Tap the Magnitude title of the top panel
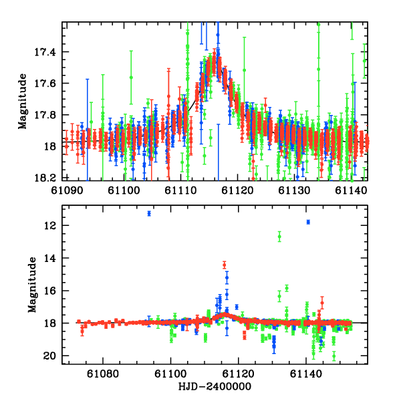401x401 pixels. pos(22,101)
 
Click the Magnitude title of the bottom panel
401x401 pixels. pos(22,285)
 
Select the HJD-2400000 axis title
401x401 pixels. pos(215,387)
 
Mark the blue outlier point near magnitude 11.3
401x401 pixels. pos(150,213)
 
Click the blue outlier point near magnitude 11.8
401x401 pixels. pos(308,222)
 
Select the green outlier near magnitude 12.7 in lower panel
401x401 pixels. pos(279,236)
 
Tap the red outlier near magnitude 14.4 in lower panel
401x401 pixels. pos(225,265)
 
